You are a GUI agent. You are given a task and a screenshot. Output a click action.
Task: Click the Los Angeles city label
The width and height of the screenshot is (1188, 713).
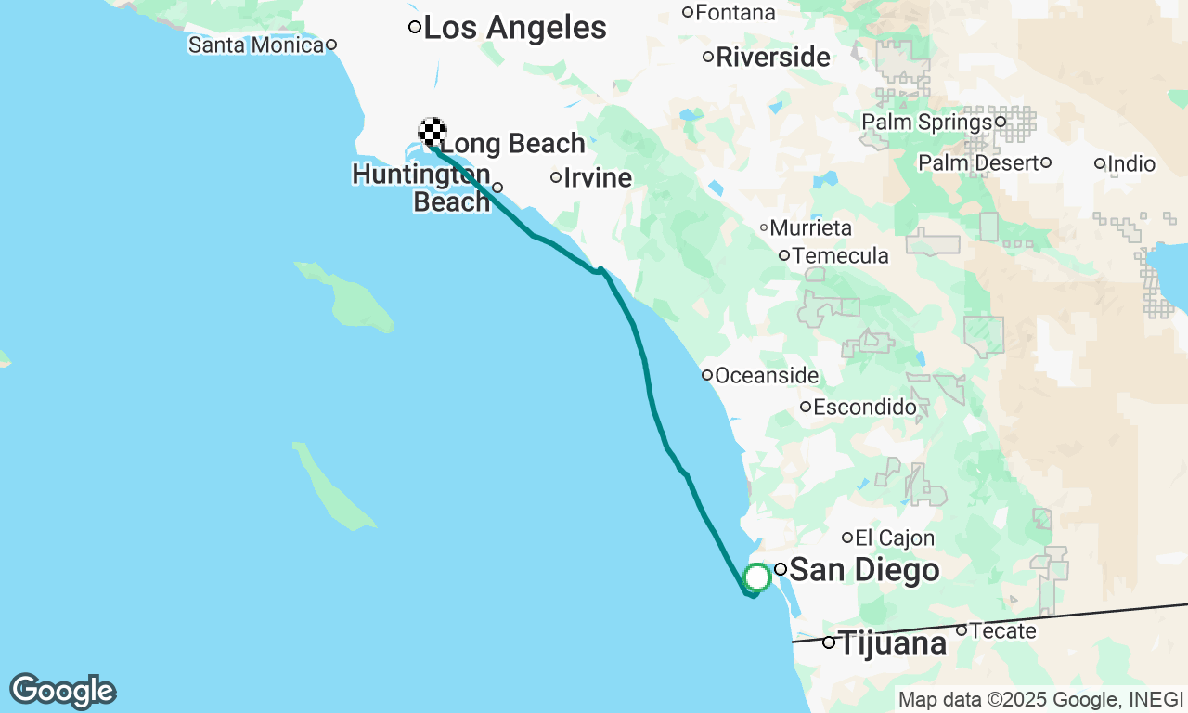pyautogui.click(x=514, y=28)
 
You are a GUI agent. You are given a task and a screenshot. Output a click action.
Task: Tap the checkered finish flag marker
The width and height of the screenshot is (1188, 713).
pyautogui.click(x=433, y=133)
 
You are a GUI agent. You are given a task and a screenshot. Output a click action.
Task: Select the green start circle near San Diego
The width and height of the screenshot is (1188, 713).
pyautogui.click(x=757, y=577)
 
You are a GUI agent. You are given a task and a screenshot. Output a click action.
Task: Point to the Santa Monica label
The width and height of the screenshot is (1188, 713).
pyautogui.click(x=255, y=44)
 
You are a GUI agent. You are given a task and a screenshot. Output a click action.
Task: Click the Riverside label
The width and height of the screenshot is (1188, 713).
pyautogui.click(x=772, y=58)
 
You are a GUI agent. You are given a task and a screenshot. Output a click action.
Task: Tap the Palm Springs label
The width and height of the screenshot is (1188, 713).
pyautogui.click(x=926, y=122)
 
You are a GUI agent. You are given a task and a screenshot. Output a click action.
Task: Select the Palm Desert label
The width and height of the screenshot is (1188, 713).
pyautogui.click(x=978, y=163)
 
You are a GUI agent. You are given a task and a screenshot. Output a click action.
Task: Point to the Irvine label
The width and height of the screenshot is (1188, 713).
pyautogui.click(x=597, y=177)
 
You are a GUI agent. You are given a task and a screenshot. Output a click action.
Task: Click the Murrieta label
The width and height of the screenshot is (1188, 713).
pyautogui.click(x=810, y=227)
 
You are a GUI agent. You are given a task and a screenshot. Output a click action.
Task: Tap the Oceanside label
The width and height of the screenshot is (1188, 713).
pyautogui.click(x=767, y=376)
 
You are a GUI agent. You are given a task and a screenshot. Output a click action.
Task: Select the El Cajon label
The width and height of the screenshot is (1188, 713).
pyautogui.click(x=895, y=538)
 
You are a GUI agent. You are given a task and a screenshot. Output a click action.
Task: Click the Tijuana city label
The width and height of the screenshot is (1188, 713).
pyautogui.click(x=892, y=642)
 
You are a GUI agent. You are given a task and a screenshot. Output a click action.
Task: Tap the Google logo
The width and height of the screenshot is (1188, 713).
pyautogui.click(x=62, y=691)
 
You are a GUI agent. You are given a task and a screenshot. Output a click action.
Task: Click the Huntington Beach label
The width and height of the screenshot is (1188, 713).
pyautogui.click(x=423, y=188)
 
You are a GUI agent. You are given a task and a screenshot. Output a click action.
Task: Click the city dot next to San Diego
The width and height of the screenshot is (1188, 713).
pyautogui.click(x=781, y=569)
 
